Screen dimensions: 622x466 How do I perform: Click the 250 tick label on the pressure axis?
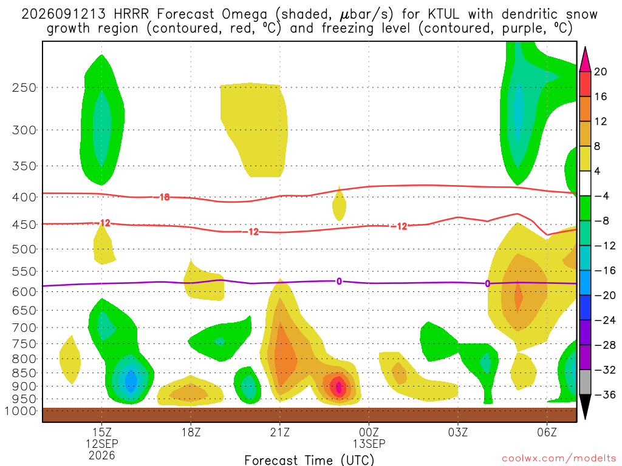[24, 87]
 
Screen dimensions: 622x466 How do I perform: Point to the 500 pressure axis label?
[24, 249]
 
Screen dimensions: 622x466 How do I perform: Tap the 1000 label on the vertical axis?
[21, 411]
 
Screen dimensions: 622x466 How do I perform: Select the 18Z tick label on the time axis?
[191, 432]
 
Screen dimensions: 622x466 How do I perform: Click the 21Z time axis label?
[280, 432]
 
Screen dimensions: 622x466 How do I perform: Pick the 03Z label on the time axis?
[458, 432]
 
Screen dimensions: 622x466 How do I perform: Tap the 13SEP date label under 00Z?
[369, 444]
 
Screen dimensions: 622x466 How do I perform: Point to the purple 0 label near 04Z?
[488, 284]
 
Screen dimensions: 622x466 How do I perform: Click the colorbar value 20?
[601, 72]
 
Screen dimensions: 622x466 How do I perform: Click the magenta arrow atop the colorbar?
[585, 59]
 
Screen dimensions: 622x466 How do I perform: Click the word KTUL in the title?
[443, 15]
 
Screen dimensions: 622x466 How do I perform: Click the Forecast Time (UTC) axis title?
[309, 460]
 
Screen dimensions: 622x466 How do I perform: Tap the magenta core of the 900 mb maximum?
[338, 387]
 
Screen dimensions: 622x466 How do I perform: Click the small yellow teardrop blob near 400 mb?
[339, 204]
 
